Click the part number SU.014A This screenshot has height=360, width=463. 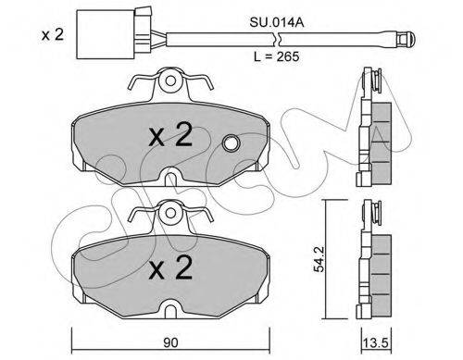tap(277, 22)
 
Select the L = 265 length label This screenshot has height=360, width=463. tap(276, 56)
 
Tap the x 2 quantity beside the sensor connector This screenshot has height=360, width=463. tap(53, 34)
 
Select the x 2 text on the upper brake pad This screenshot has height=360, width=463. tap(170, 135)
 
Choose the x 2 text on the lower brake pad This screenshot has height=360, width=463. tap(170, 267)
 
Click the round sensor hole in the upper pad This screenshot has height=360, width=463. tap(231, 143)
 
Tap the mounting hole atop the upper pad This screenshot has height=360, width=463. tap(170, 81)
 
